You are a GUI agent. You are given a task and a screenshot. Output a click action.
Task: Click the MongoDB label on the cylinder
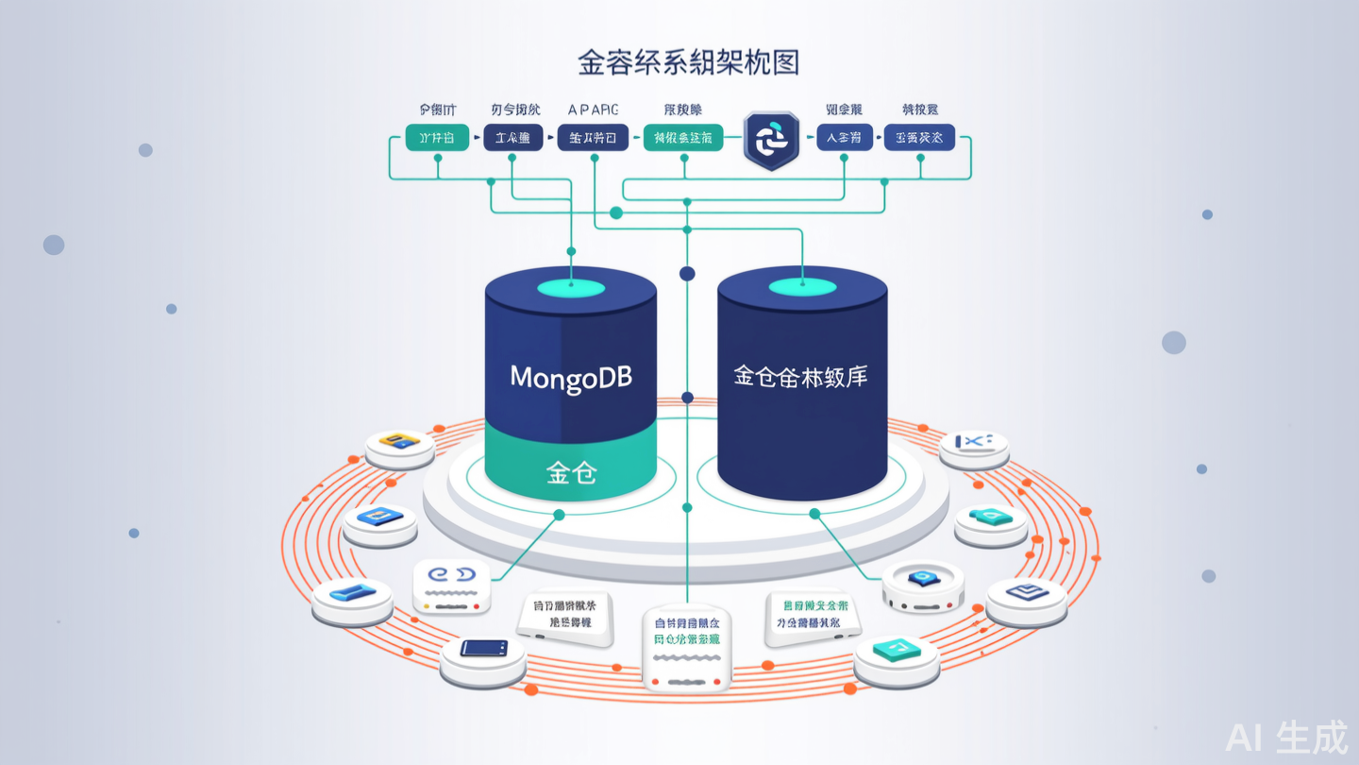coord(571,378)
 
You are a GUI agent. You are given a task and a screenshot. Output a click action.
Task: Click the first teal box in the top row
coord(437,138)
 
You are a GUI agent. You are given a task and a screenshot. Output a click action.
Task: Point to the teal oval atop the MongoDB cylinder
coord(570,286)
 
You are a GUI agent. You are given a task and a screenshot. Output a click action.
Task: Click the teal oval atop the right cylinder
coord(801,286)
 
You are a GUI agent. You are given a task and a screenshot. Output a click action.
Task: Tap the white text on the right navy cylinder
coord(800,377)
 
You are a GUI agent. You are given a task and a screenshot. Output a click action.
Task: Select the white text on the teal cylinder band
coord(571,472)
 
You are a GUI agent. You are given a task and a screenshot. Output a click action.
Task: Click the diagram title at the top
coord(689,62)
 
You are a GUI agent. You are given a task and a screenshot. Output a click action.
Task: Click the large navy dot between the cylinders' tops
coord(687,274)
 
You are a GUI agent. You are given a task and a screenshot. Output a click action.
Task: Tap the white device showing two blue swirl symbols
coord(451,586)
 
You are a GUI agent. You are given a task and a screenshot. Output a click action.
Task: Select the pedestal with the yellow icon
coord(399,447)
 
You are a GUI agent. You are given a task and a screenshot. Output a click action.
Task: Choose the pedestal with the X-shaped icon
coord(974,448)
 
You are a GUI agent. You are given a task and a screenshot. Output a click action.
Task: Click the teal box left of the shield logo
coord(683,138)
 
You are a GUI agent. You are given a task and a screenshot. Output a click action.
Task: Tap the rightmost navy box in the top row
coord(919,138)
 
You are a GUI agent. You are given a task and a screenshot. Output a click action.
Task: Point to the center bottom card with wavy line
coord(686,647)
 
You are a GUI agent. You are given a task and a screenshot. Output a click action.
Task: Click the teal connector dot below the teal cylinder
coord(559,515)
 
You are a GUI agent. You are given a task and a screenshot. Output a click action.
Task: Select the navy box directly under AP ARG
coord(593,138)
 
